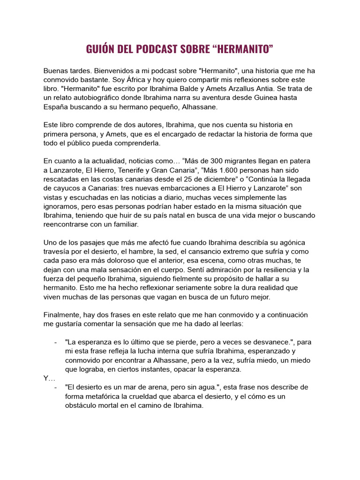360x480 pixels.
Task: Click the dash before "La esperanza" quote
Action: pyautogui.click(x=56, y=342)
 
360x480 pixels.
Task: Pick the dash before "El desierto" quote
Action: pyautogui.click(x=56, y=387)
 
